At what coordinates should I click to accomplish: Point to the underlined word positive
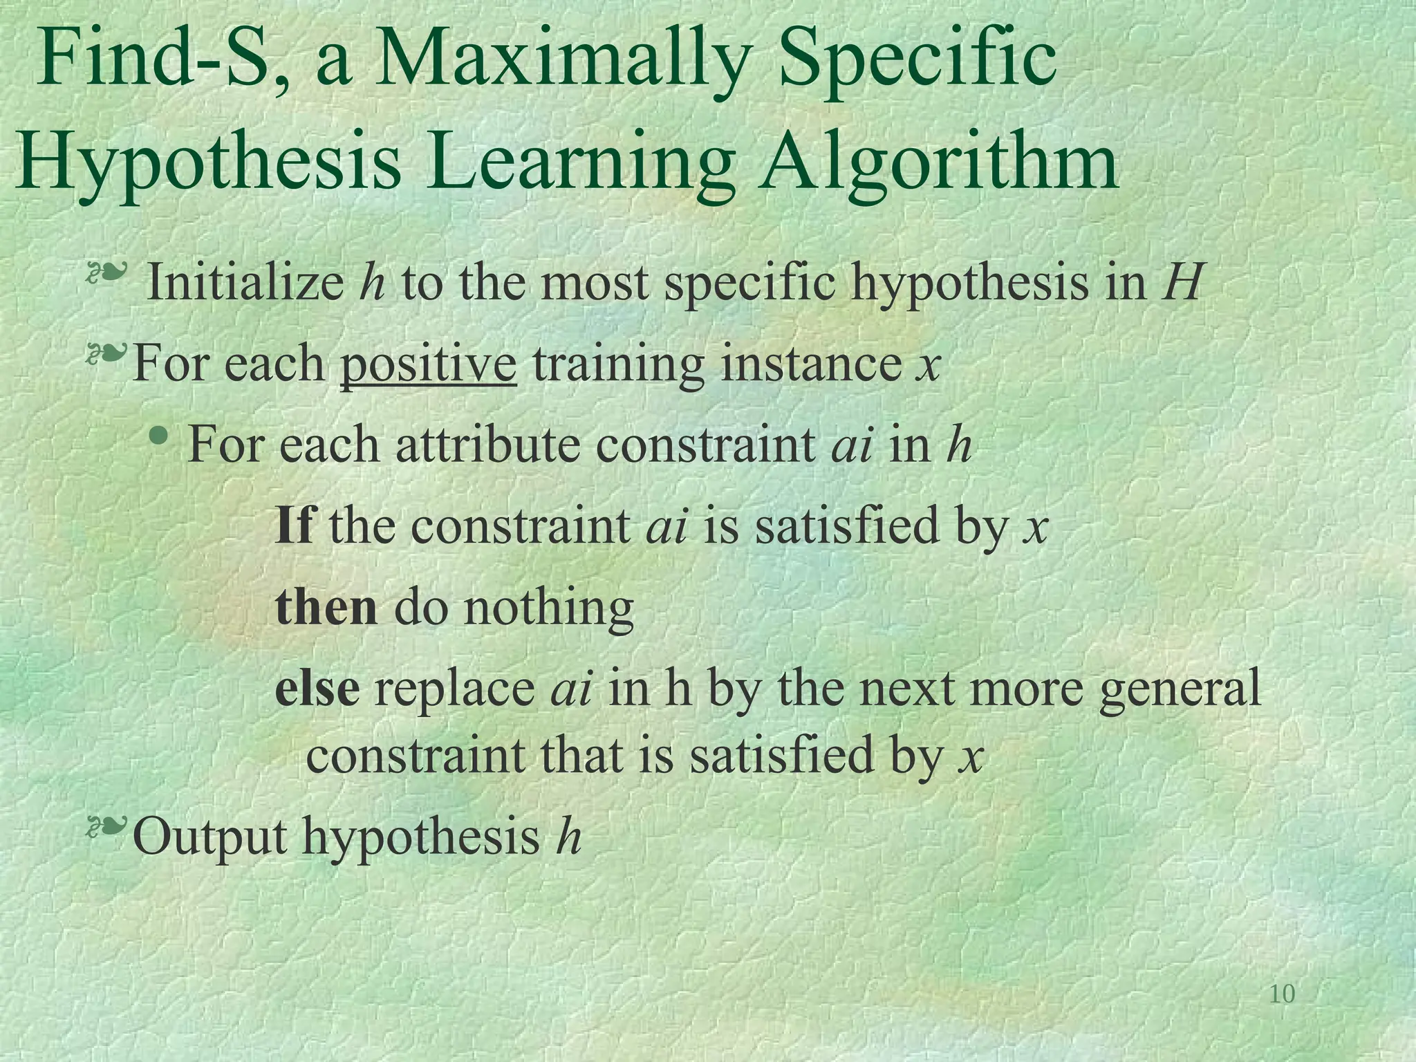tap(428, 364)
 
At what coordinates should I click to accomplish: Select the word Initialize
tap(245, 283)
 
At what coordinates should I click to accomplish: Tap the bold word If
tap(294, 525)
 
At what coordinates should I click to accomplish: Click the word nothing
tap(548, 608)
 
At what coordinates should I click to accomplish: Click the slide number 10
tap(1283, 994)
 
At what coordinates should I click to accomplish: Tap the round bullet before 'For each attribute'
tap(160, 435)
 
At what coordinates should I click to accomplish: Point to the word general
tap(1180, 690)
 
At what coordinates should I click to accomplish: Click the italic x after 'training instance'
tap(928, 365)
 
